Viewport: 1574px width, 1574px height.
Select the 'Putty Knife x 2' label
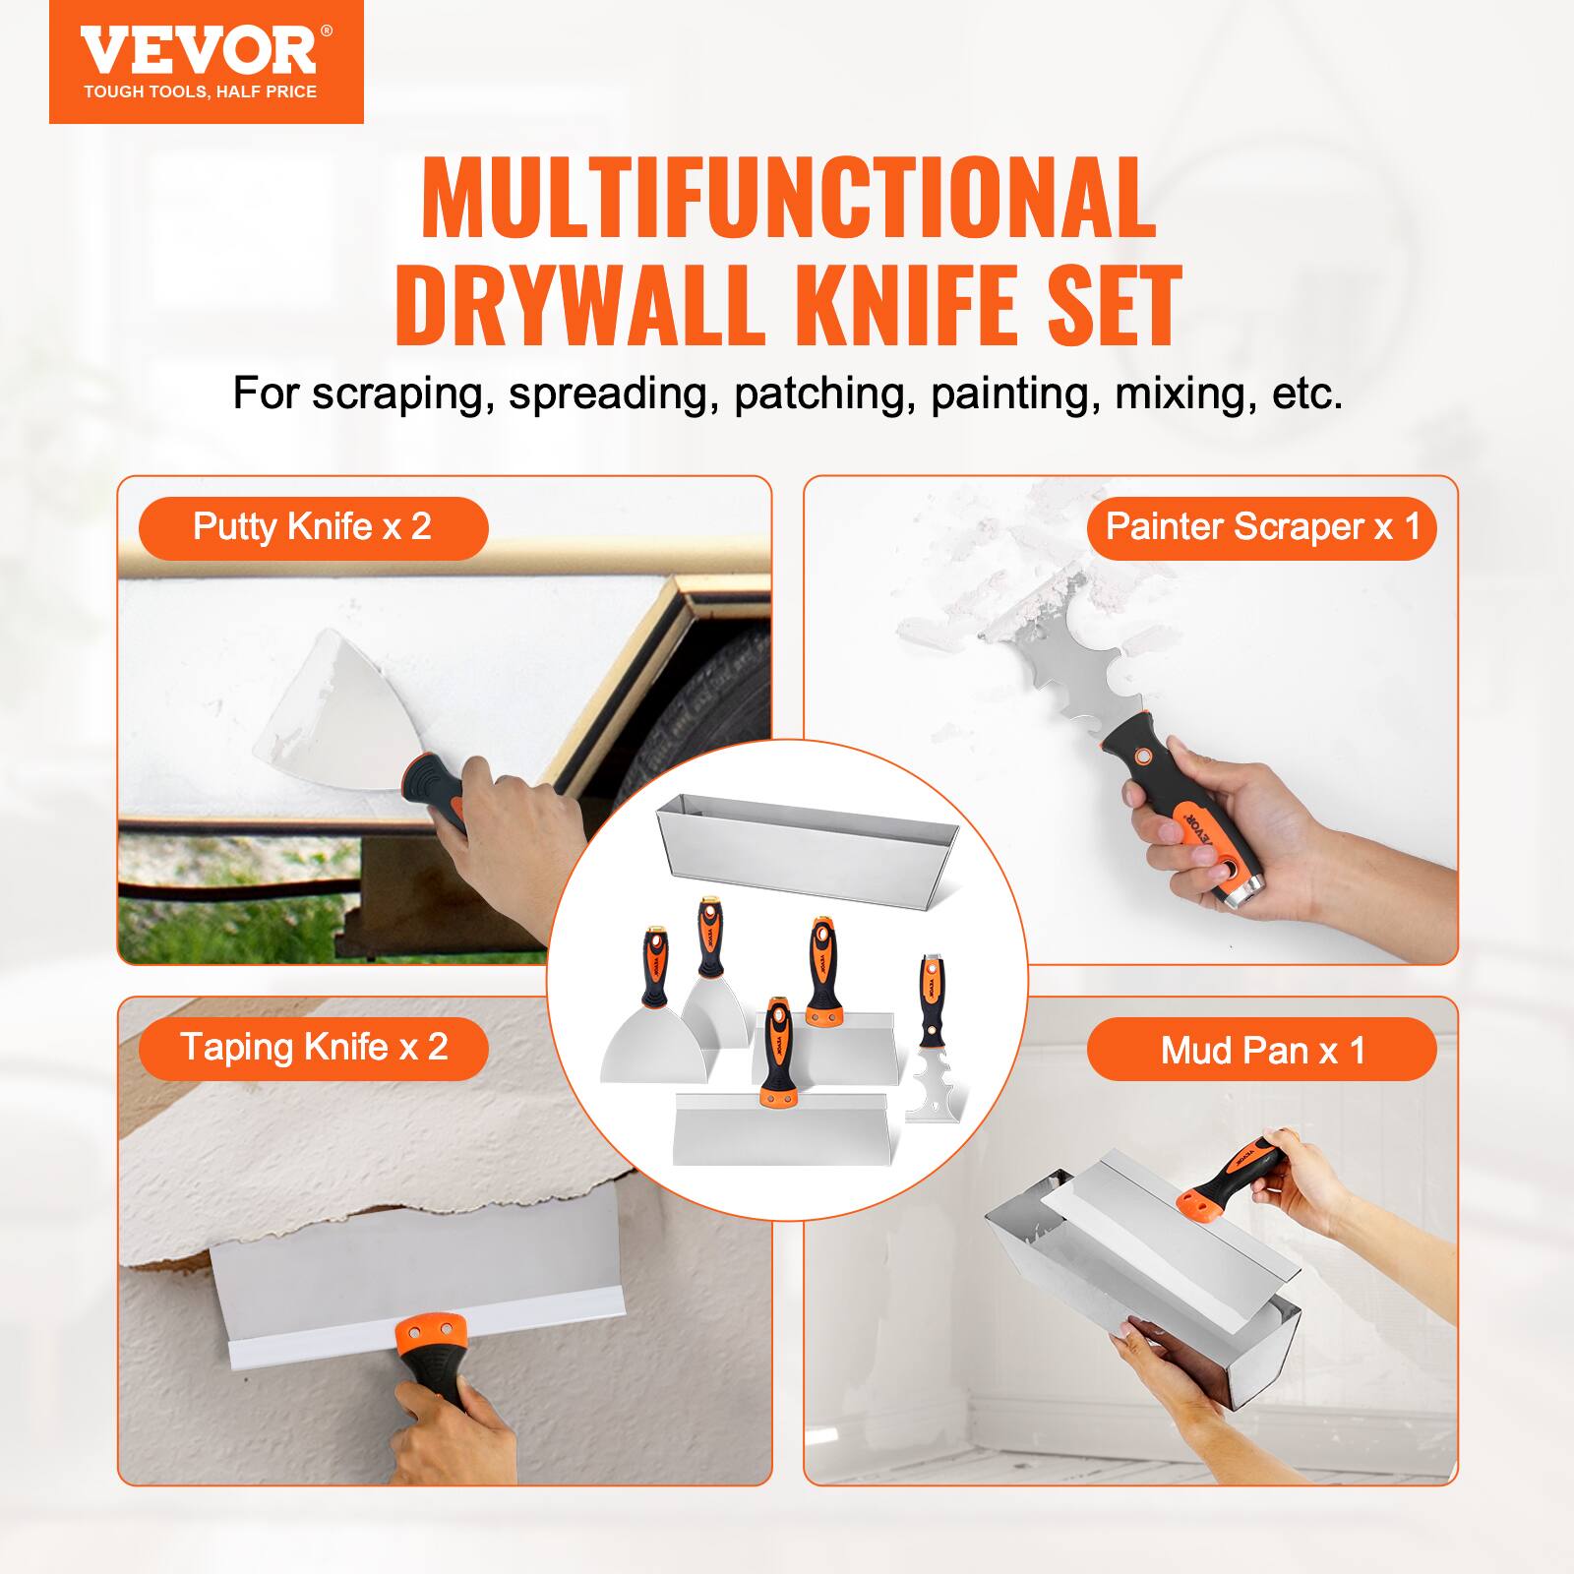point(313,527)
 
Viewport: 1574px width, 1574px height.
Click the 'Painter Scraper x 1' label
point(1262,527)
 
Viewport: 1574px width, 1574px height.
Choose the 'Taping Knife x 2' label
point(313,1048)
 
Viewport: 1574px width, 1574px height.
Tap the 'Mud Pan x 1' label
point(1262,1051)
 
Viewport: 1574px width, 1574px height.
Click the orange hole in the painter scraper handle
point(1144,755)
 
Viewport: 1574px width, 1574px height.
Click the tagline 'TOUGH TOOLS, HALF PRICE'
point(200,92)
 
